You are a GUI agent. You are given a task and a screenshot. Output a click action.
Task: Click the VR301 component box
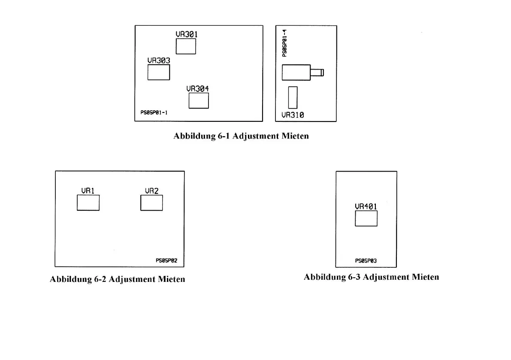pos(186,46)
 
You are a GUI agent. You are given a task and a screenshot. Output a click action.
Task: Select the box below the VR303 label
pos(159,72)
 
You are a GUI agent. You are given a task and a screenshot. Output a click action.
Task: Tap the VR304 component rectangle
pos(199,100)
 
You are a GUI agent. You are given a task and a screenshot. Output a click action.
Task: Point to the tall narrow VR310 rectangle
pos(293,97)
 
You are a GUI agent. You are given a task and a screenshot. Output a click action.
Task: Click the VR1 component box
pos(88,203)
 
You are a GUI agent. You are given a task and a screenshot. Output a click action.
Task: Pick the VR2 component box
pos(151,203)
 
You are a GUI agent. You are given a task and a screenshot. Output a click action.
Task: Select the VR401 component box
pos(366,218)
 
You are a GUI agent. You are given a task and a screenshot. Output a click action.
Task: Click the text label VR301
pos(187,34)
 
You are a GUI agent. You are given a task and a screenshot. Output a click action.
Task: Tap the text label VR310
pos(293,115)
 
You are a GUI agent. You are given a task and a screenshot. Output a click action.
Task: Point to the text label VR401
pos(366,206)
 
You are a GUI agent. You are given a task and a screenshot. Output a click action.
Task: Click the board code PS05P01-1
pos(154,113)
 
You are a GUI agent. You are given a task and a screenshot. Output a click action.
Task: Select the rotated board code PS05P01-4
pos(284,43)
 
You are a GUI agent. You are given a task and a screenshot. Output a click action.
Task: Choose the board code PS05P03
pos(366,260)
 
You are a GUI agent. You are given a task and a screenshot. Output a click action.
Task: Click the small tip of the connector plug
pos(322,72)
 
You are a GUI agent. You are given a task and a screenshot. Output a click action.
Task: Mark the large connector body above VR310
pos(296,72)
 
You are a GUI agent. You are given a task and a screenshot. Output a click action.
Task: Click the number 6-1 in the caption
pos(222,136)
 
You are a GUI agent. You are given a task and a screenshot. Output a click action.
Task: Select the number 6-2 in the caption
pos(98,279)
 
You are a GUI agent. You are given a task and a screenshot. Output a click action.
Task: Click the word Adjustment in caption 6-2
pos(132,279)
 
